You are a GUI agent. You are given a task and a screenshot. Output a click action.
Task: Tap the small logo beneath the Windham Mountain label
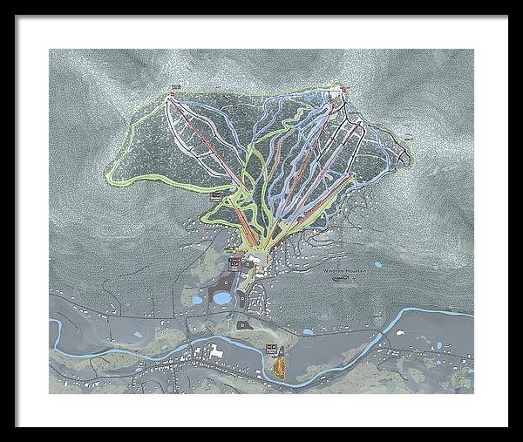[340, 280]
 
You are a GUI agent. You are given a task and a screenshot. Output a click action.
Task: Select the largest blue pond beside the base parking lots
[221, 298]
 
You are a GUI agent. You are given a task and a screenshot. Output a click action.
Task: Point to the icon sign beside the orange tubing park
[271, 348]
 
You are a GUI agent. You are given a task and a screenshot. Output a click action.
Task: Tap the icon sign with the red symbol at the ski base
[234, 262]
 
